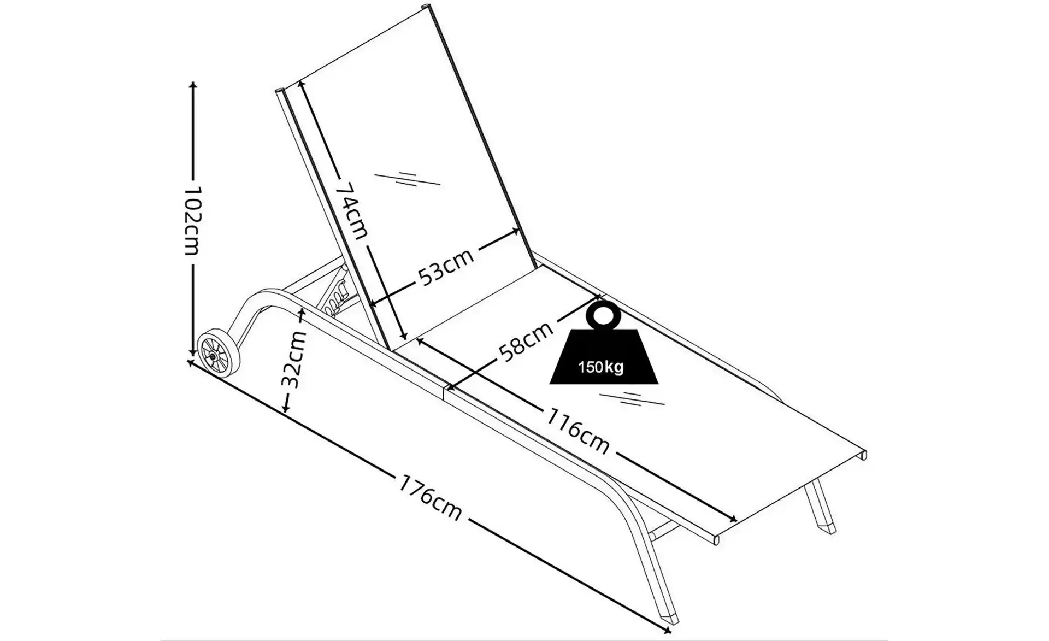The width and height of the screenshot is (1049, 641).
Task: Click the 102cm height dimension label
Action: pos(192,221)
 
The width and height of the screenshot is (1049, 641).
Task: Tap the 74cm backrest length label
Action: pos(352,210)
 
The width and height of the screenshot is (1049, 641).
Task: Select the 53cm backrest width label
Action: pos(446,267)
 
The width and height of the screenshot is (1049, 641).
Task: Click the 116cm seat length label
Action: pos(577,431)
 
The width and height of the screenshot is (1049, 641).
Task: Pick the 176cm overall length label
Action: pos(431,498)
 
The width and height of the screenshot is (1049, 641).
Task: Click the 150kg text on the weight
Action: pos(600,367)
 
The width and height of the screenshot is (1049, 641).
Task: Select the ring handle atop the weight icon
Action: pos(603,315)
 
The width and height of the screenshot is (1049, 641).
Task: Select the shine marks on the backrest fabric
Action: pos(408,179)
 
